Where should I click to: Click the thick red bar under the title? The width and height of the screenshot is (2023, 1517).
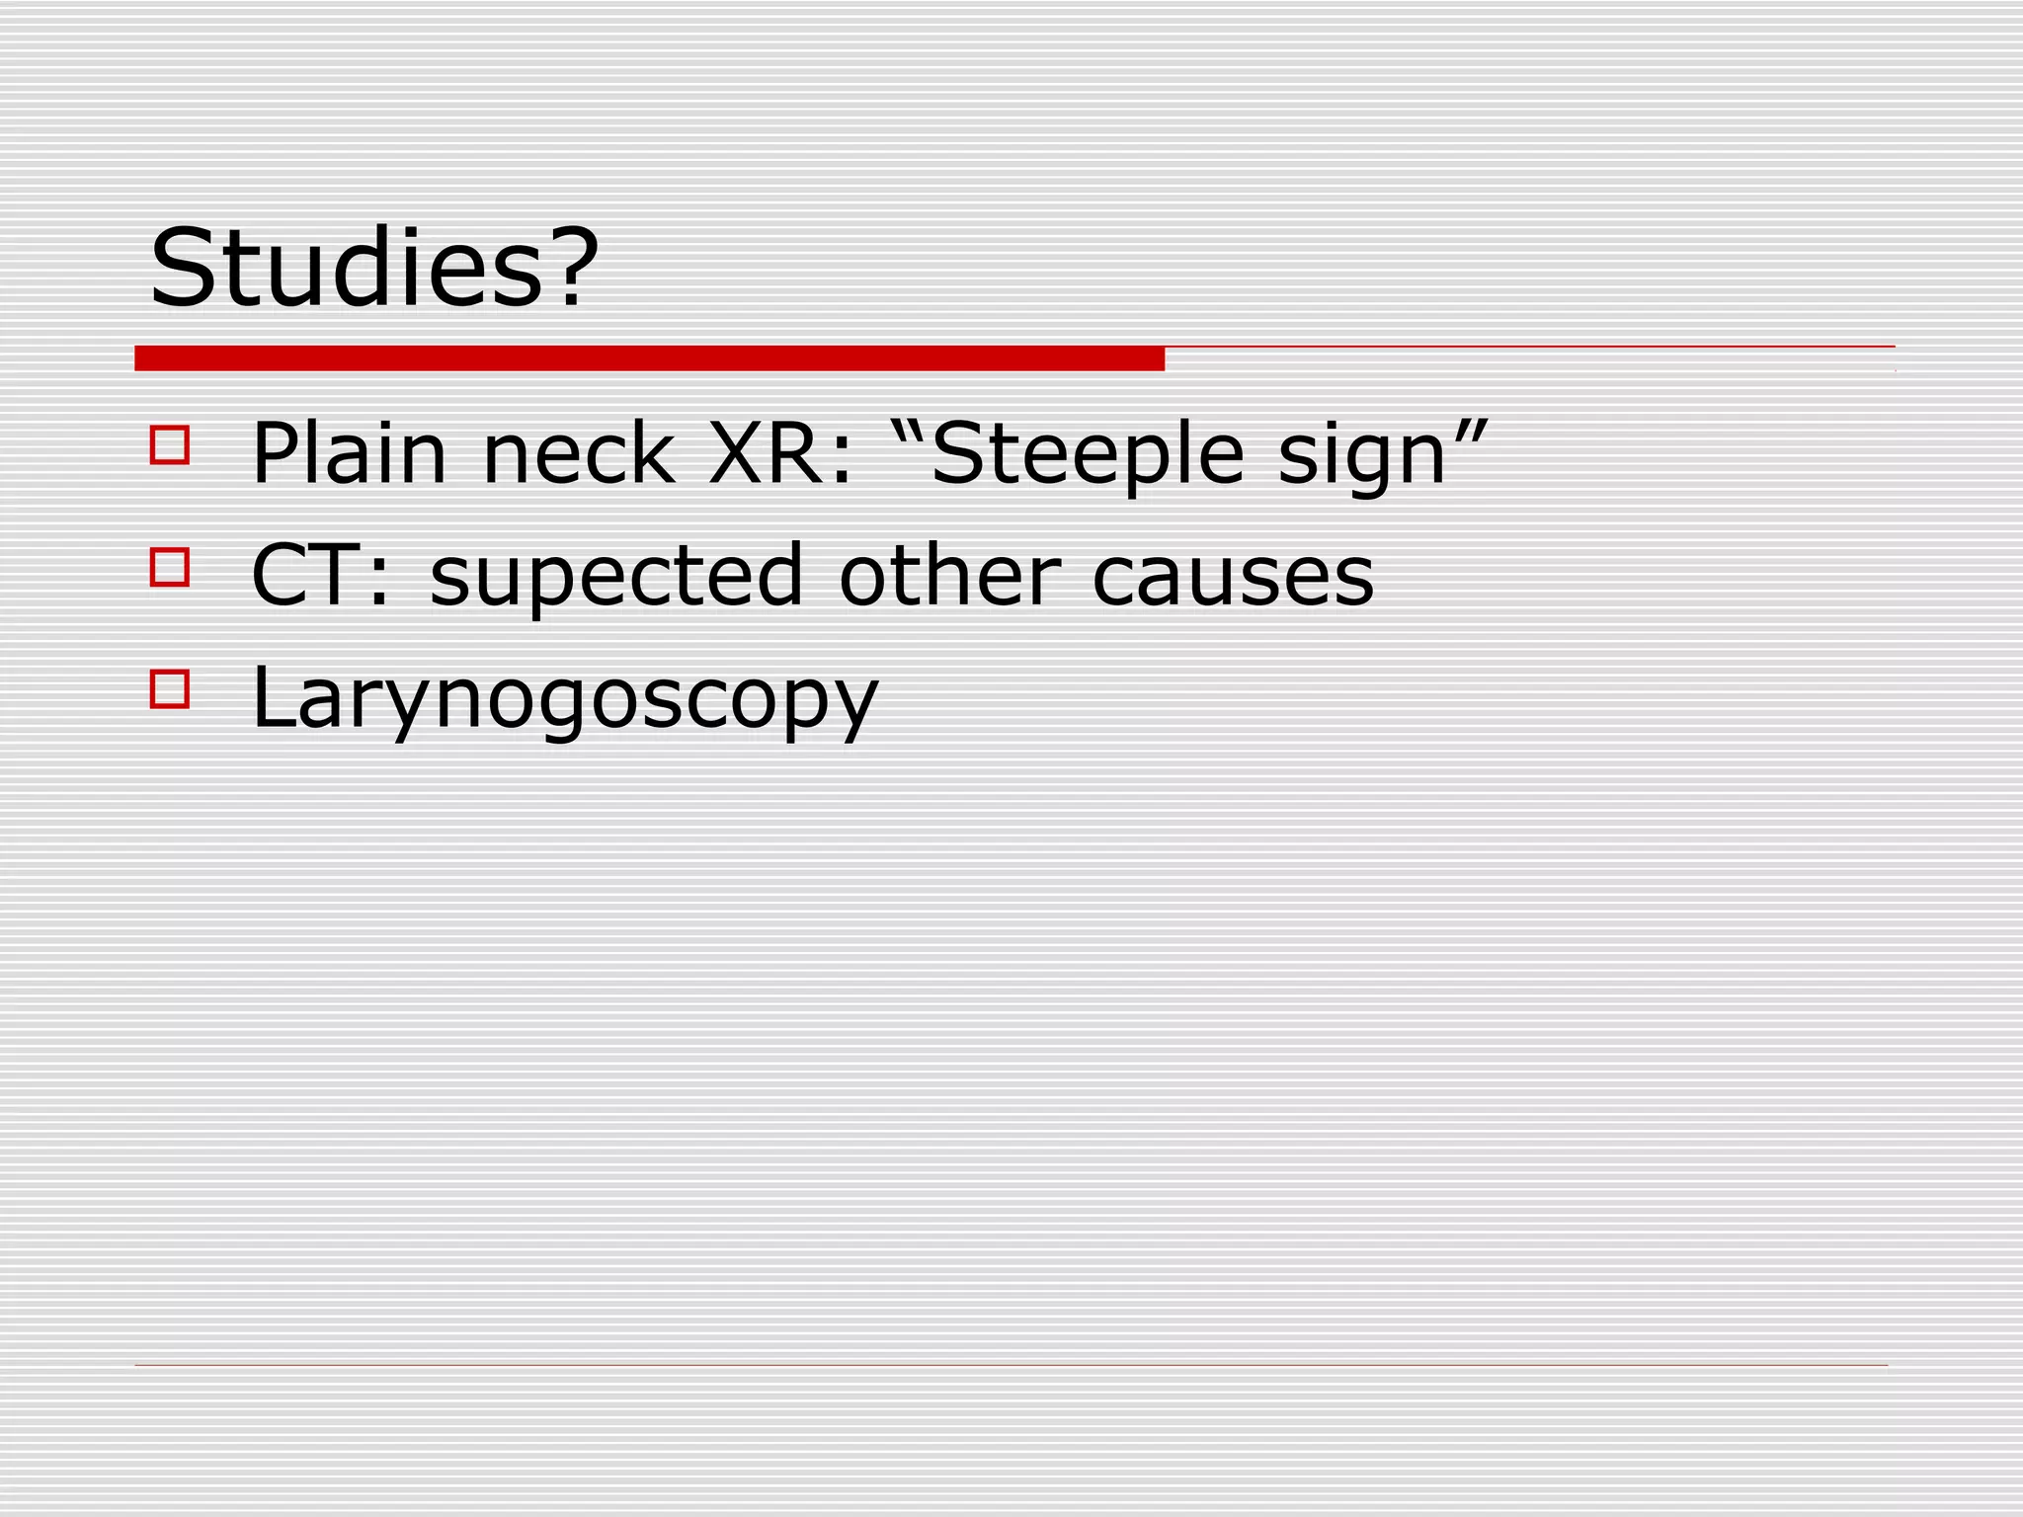[x=649, y=359]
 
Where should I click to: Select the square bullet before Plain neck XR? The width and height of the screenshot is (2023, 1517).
[x=170, y=445]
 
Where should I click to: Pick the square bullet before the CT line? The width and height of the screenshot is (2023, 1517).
[x=170, y=568]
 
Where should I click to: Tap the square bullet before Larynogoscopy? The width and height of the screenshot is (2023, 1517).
[x=170, y=689]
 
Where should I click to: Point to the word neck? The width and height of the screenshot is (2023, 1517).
[x=578, y=454]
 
